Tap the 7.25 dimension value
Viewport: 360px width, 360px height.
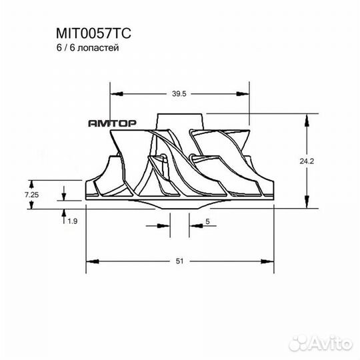point(31,194)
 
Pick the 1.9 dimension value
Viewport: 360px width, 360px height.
point(73,221)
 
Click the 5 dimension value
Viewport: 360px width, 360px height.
point(208,221)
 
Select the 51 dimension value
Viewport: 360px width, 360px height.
point(180,262)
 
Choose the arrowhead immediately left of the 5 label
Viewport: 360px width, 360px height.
point(193,225)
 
